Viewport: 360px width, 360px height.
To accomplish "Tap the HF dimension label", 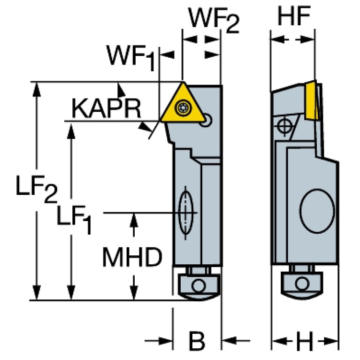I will coord(294,17).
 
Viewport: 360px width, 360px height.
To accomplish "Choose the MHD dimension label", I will coord(132,257).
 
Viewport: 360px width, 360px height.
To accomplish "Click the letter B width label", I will coord(197,341).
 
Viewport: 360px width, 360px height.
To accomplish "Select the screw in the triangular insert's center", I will coord(182,108).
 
